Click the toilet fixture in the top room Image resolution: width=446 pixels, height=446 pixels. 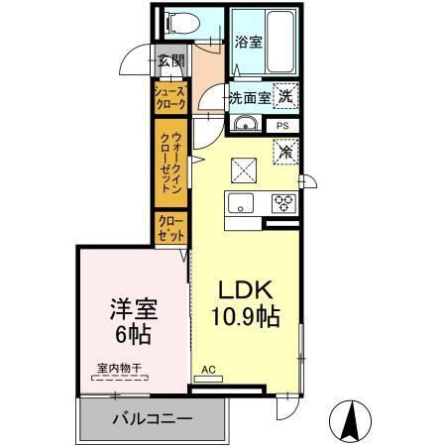coord(179,23)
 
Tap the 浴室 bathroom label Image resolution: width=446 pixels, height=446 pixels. coord(249,43)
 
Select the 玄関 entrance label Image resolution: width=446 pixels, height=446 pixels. coord(170,60)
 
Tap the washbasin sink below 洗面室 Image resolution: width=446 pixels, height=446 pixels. coord(246,124)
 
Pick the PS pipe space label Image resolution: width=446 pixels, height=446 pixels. coord(282,126)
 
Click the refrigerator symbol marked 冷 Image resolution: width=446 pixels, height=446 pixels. coord(284,154)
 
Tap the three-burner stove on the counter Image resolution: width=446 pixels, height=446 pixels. coord(283,203)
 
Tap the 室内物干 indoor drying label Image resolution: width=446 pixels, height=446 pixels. coord(119,369)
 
